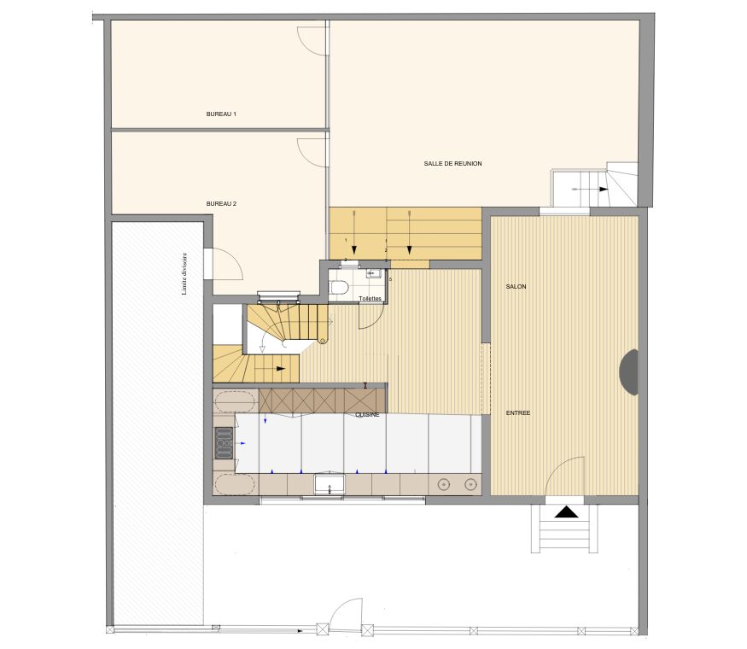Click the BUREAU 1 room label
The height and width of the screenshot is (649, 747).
click(221, 114)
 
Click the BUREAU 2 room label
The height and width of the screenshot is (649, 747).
click(221, 204)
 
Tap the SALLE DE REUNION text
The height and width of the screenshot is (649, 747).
click(453, 163)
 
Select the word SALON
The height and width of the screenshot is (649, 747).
click(516, 287)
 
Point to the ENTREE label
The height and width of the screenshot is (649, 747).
click(517, 412)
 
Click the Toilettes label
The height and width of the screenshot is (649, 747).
click(370, 299)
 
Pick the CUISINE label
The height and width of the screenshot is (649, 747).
click(368, 415)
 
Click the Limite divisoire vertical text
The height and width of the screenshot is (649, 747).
click(184, 273)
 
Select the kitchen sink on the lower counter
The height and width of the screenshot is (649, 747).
click(329, 484)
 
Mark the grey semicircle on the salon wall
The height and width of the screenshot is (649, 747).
click(628, 372)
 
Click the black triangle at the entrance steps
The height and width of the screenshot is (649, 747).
click(565, 512)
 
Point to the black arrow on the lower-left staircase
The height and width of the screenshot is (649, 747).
click(277, 368)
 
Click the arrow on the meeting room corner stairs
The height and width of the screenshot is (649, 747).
click(603, 190)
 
